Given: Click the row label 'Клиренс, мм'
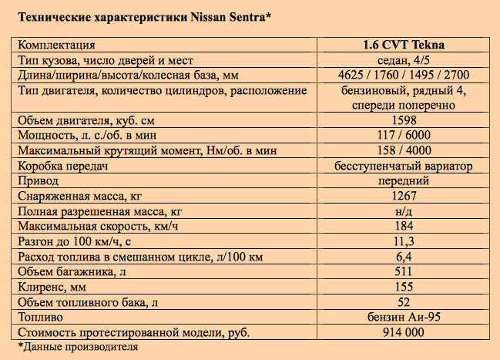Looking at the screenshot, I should point(51,287).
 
